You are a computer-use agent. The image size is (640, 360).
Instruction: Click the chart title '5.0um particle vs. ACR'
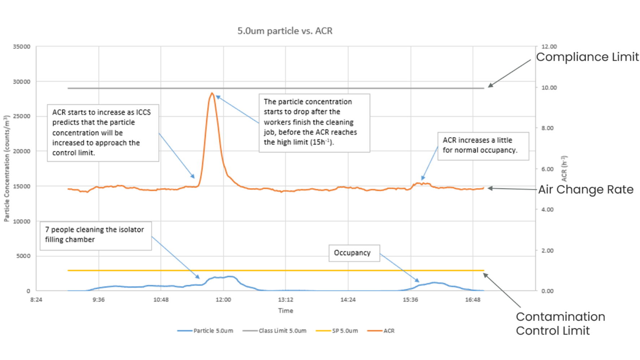[x=285, y=31]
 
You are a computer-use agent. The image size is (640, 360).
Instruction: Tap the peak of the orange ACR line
[x=212, y=93]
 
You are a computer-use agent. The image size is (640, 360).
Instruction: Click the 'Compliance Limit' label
[x=587, y=57]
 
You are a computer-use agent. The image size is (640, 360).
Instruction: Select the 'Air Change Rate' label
[x=585, y=190]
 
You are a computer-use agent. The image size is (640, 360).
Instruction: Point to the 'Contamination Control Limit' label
[x=560, y=324]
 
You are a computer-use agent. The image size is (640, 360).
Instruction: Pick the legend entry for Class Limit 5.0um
[x=274, y=331]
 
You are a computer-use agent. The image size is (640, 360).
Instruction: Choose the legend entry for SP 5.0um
[x=337, y=331]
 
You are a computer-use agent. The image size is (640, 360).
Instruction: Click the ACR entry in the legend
[x=381, y=331]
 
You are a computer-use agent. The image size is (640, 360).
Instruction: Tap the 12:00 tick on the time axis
[x=223, y=300]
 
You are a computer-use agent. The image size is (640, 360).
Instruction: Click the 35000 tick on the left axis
[x=22, y=47]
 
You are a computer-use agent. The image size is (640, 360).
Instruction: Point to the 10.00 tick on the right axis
[x=549, y=88]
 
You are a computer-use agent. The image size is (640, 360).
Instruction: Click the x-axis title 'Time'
[x=285, y=311]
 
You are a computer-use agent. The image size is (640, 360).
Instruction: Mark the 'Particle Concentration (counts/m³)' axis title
[x=7, y=169]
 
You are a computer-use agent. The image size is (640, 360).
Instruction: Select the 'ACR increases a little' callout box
[x=483, y=146]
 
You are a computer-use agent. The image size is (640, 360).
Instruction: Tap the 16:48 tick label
[x=473, y=300]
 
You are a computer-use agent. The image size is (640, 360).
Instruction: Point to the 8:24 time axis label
[x=36, y=300]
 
